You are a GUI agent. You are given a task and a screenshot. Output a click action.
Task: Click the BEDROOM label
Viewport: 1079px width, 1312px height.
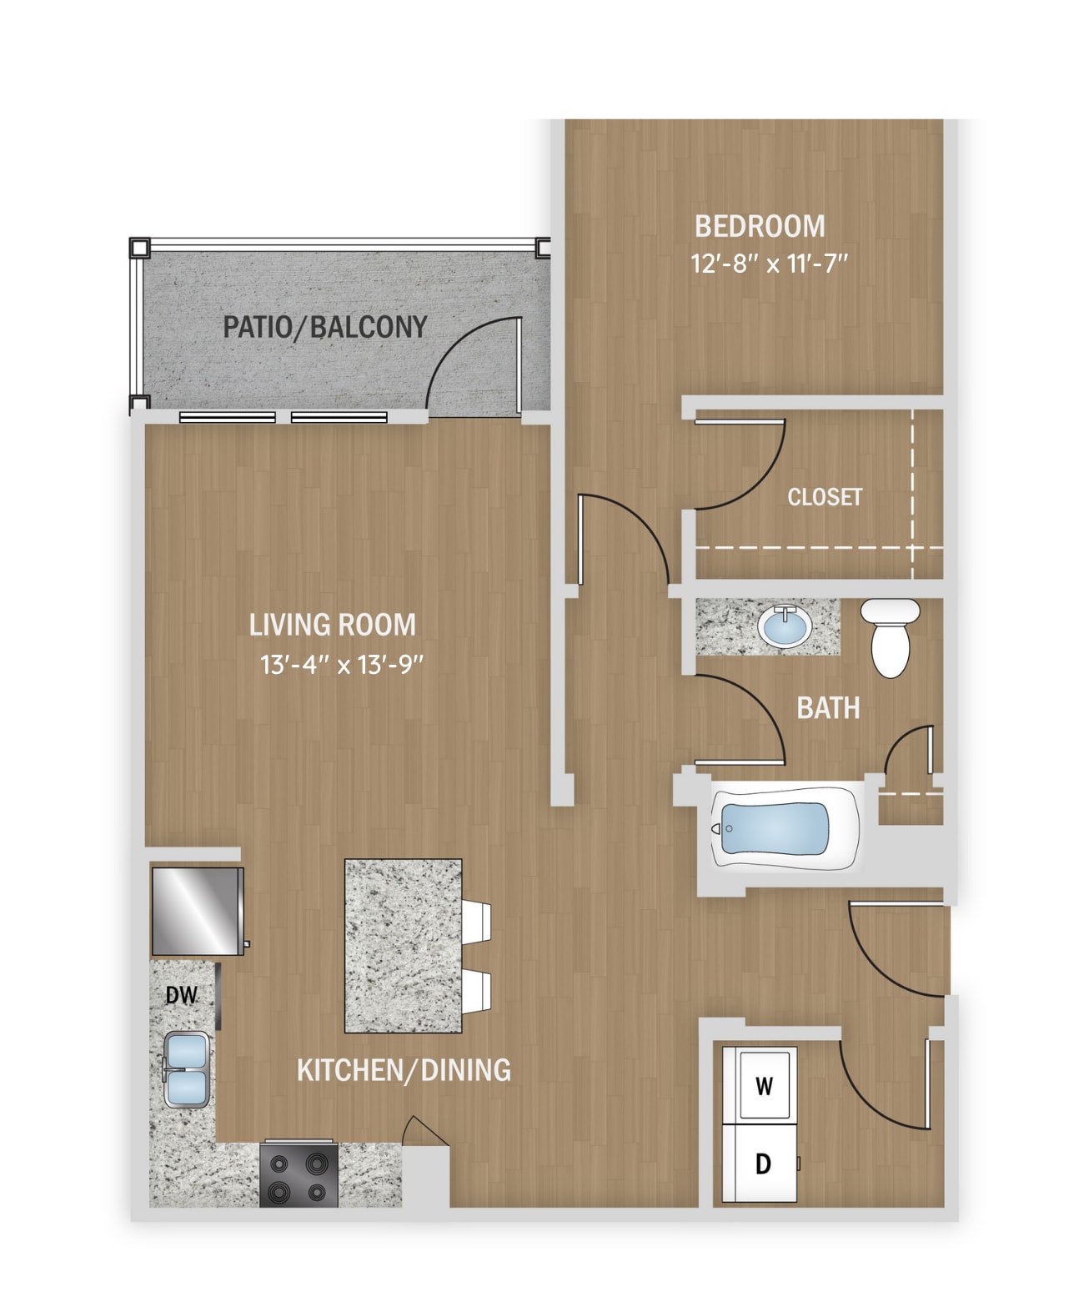pyautogui.click(x=759, y=226)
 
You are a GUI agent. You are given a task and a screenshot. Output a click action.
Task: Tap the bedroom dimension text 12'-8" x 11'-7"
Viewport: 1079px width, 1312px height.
pyautogui.click(x=768, y=264)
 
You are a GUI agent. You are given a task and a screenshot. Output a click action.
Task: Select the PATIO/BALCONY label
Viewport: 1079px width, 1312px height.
pyautogui.click(x=324, y=327)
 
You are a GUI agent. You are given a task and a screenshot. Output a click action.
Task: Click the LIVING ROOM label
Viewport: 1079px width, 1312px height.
pyautogui.click(x=332, y=625)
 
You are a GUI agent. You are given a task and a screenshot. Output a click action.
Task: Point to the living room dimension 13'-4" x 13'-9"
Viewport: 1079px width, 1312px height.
pyautogui.click(x=342, y=665)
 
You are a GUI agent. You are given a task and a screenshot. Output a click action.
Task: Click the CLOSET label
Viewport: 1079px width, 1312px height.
pyautogui.click(x=824, y=497)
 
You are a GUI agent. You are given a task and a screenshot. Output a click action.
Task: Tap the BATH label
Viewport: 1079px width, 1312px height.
pyautogui.click(x=827, y=708)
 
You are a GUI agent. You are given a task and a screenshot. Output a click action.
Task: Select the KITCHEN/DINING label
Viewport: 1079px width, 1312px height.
pyautogui.click(x=404, y=1070)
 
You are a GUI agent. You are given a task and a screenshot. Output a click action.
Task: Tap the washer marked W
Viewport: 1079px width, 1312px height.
pyautogui.click(x=763, y=1085)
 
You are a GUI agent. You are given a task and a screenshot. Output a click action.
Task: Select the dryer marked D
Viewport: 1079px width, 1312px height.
pyautogui.click(x=762, y=1163)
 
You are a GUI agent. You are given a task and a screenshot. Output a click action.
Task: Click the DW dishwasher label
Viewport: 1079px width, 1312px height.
pyautogui.click(x=181, y=994)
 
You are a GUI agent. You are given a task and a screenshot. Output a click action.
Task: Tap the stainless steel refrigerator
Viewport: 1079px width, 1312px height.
pyautogui.click(x=197, y=911)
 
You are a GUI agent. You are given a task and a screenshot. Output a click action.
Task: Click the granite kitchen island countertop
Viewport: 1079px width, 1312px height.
pyautogui.click(x=403, y=946)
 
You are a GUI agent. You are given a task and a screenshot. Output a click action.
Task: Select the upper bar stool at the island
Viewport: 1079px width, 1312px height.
pyautogui.click(x=477, y=922)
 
